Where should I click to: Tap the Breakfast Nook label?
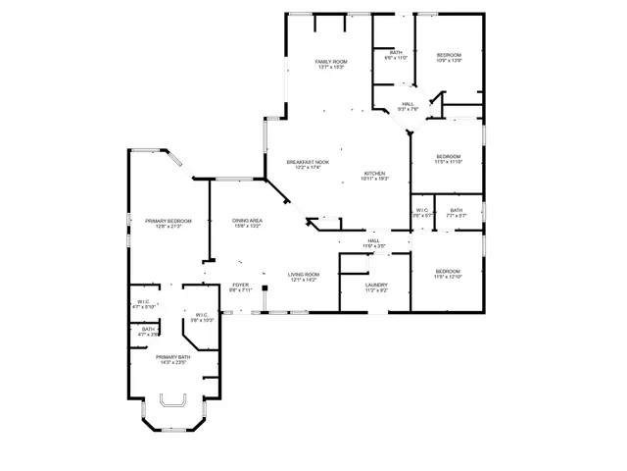(308, 164)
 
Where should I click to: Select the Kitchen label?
(375, 175)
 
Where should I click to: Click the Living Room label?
(304, 278)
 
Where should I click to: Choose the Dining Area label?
(247, 223)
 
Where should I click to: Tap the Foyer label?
(241, 288)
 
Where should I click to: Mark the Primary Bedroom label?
(163, 223)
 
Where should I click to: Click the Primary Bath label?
(172, 359)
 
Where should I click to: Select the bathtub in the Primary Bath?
(173, 402)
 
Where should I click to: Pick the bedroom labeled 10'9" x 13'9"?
(449, 58)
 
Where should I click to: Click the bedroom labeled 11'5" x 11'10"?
(449, 159)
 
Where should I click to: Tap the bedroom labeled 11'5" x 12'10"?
(448, 274)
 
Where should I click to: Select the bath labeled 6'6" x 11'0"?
(396, 55)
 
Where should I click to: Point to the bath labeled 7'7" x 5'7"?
(457, 213)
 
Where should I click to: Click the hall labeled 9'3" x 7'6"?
(408, 106)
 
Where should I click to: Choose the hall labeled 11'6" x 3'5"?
(373, 242)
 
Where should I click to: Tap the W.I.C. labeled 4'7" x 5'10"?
(144, 304)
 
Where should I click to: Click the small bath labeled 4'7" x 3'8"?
(147, 332)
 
